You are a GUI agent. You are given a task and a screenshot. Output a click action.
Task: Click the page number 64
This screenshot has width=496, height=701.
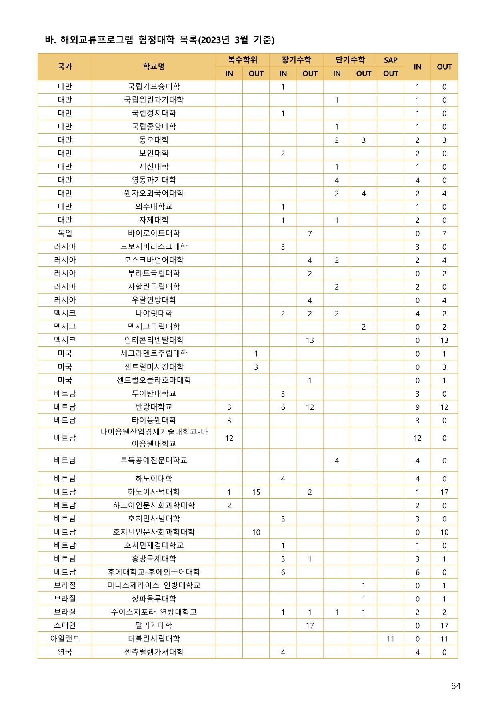coord(456,686)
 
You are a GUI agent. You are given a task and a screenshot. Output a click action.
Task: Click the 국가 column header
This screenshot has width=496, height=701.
coord(65,66)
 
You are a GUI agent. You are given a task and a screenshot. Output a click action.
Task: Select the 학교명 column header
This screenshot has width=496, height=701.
coord(154,66)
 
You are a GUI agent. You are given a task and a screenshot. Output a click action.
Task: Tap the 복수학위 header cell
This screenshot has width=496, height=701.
coord(242,60)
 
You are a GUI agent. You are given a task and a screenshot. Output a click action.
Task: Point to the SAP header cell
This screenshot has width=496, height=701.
coord(390,60)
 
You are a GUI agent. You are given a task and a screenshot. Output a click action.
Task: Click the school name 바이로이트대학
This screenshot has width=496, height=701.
coord(154,233)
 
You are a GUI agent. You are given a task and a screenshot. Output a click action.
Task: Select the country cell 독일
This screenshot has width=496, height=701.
coord(65,233)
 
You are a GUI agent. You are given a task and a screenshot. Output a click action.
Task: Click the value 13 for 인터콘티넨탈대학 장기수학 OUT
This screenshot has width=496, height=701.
coord(310,340)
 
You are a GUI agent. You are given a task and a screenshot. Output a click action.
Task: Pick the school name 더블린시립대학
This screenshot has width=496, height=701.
coord(154,639)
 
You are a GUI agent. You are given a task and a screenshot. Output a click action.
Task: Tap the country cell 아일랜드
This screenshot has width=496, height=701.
coord(65,639)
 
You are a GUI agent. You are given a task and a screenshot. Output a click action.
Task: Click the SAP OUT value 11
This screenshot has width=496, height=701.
coord(390,639)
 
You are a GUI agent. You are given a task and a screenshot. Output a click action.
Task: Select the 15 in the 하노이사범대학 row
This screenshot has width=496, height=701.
coord(256,492)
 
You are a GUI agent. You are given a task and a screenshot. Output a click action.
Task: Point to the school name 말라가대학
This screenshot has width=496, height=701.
coord(154,625)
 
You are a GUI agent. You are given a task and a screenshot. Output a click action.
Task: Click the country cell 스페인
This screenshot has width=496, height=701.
coord(65,625)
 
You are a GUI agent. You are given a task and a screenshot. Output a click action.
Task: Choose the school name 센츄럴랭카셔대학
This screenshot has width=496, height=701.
coord(154,652)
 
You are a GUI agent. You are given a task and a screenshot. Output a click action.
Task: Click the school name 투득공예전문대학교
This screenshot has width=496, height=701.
coord(154,460)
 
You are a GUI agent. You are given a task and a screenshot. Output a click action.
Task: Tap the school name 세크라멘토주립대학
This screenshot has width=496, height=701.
coord(154,353)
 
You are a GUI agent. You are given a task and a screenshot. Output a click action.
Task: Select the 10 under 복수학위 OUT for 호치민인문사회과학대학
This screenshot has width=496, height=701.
coord(256,532)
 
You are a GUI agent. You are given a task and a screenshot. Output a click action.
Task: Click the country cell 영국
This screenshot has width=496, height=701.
coord(65,652)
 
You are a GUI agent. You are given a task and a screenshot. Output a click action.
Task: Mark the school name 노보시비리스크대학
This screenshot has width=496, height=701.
coord(154,246)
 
